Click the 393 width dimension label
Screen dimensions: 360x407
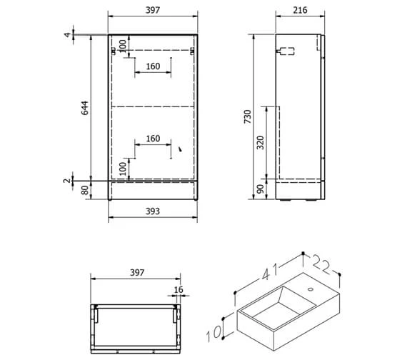click(152, 211)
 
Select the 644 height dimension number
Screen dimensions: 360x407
click(84, 108)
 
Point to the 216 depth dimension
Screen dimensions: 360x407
click(300, 11)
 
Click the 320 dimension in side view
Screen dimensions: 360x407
click(260, 141)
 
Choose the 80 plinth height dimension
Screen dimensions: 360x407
click(84, 191)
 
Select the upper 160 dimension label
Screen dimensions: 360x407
click(153, 66)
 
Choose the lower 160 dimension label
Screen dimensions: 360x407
click(153, 139)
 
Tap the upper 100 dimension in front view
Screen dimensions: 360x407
click(124, 45)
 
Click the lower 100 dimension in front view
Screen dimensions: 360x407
click(124, 169)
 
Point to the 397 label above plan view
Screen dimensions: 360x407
click(137, 273)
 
